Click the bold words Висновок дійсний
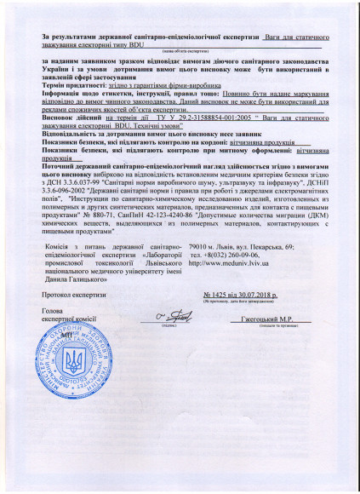click(x=69, y=117)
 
